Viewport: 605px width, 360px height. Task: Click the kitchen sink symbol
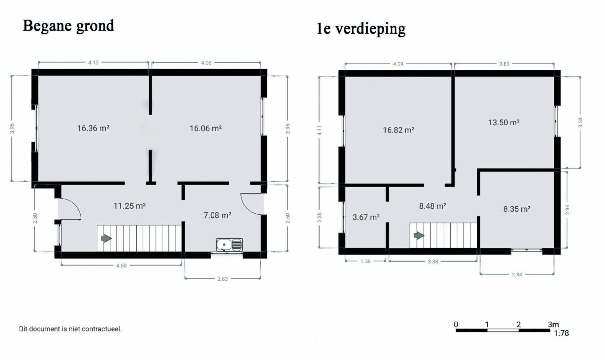tap(229, 245)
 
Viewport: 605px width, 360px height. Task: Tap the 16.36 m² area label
tap(93, 128)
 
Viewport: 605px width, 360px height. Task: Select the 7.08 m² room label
tap(217, 215)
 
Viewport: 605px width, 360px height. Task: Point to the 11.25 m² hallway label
tap(130, 206)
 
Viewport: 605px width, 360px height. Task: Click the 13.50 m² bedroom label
tap(504, 123)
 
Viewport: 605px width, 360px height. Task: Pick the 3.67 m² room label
tap(366, 217)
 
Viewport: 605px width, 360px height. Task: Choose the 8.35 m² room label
tap(517, 209)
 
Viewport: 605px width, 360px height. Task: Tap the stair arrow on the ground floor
tap(106, 238)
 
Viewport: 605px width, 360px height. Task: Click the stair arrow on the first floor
tap(419, 235)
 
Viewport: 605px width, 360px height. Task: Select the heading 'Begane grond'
tap(69, 26)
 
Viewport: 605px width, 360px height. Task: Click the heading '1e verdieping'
tap(361, 29)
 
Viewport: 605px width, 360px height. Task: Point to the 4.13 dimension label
tap(93, 63)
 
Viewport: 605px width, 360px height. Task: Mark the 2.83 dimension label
tap(222, 279)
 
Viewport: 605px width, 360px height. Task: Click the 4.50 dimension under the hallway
tap(122, 266)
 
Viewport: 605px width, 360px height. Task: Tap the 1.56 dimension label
tap(366, 261)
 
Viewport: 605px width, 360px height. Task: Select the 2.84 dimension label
tap(517, 274)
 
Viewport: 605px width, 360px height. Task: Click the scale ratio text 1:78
tap(562, 333)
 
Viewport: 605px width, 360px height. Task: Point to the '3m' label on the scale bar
tap(553, 324)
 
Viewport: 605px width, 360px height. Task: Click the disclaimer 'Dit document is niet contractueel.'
tap(70, 329)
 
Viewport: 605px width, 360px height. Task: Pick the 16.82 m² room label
tap(398, 130)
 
